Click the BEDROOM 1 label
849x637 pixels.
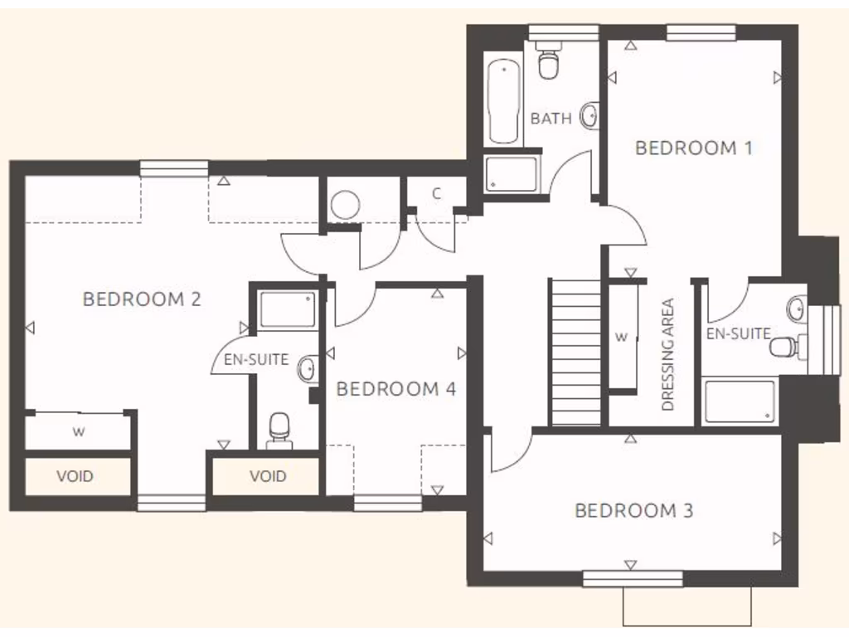point(693,148)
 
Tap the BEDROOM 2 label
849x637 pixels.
point(142,299)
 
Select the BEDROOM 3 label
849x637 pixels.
point(633,510)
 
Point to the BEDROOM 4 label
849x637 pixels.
point(396,388)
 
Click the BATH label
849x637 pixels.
point(551,119)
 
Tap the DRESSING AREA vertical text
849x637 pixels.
point(668,355)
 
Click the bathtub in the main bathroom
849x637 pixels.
point(503,100)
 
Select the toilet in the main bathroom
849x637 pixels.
point(548,62)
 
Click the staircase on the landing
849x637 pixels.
point(575,353)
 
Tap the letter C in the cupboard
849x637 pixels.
point(436,194)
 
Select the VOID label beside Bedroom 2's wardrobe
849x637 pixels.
point(75,476)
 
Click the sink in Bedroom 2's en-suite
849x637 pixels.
point(307,367)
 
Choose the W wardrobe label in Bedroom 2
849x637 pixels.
point(79,431)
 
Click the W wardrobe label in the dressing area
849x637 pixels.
point(621,337)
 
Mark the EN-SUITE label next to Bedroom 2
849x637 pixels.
point(256,360)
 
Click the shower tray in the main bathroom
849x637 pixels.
point(512,174)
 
